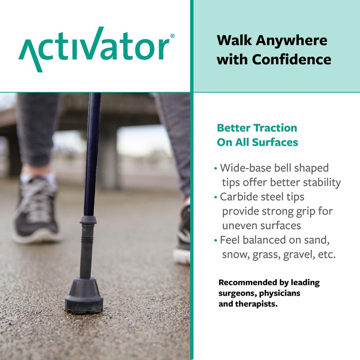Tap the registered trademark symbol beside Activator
[x=173, y=36]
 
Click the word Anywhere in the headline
[x=292, y=40]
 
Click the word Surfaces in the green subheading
[x=275, y=143]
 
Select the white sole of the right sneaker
[x=181, y=256]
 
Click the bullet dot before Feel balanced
[x=216, y=240]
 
